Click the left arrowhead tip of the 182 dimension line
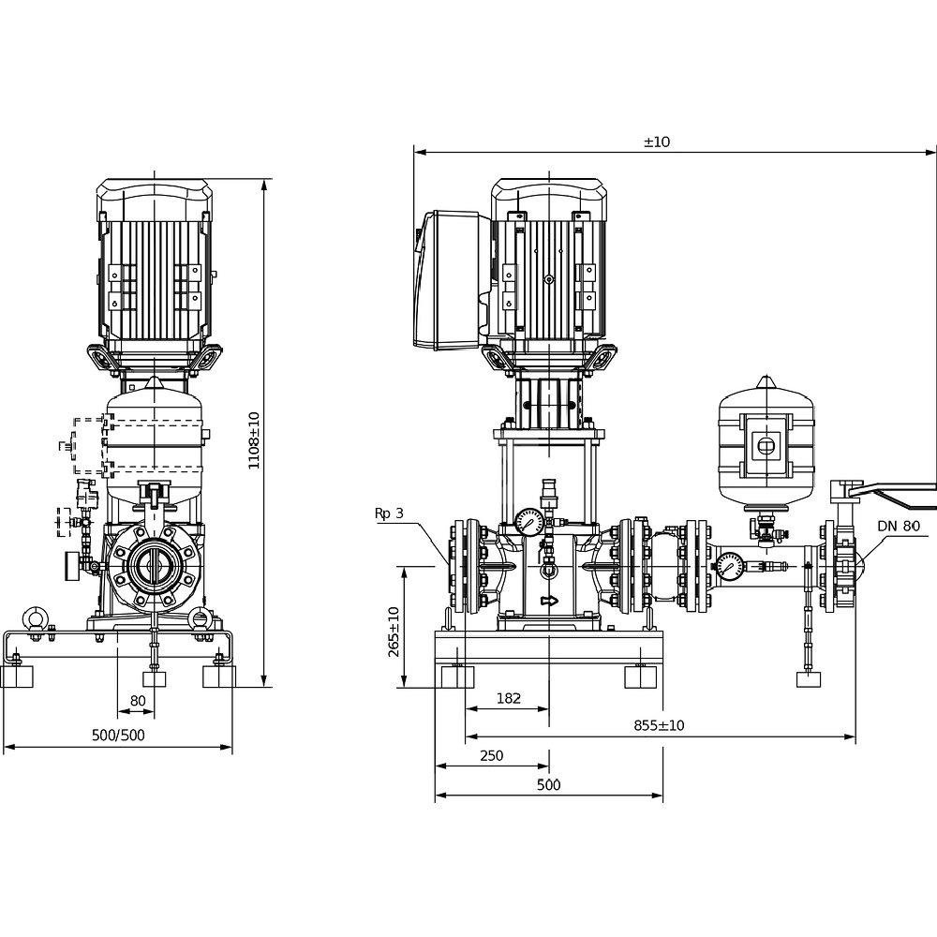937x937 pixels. pyautogui.click(x=466, y=709)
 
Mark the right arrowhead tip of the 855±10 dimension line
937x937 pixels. pyautogui.click(x=855, y=736)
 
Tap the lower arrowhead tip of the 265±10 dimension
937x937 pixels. pyautogui.click(x=405, y=687)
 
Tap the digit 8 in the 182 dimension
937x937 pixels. pyautogui.click(x=509, y=698)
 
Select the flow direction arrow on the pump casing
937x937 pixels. pyautogui.click(x=549, y=601)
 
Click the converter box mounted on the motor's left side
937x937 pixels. pyautogui.click(x=447, y=280)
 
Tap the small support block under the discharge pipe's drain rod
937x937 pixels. pyautogui.click(x=809, y=679)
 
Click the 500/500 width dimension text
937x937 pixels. pyautogui.click(x=118, y=735)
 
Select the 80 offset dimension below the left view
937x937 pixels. pyautogui.click(x=138, y=700)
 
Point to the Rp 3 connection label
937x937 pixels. pyautogui.click(x=389, y=513)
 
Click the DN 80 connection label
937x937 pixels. pyautogui.click(x=899, y=526)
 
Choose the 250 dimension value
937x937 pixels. pyautogui.click(x=492, y=755)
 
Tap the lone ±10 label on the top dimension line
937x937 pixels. pyautogui.click(x=657, y=141)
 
